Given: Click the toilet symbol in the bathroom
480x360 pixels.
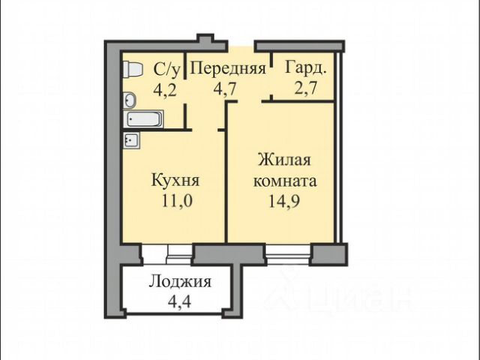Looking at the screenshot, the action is (x=133, y=70).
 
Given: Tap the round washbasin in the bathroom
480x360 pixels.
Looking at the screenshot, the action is (x=130, y=100).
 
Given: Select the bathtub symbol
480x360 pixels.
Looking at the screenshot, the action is (x=143, y=119).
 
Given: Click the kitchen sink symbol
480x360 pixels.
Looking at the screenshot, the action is (x=132, y=140).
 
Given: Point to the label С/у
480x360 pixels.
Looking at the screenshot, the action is (x=167, y=70).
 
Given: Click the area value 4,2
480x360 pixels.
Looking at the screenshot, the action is (x=165, y=90).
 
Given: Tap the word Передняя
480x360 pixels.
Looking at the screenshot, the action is (x=228, y=68).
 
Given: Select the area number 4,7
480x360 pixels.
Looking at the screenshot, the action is (x=225, y=89).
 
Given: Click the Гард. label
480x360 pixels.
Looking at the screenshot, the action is (x=306, y=68).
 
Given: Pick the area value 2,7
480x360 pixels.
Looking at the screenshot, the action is (x=305, y=89).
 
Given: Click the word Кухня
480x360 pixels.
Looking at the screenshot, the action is (x=175, y=180).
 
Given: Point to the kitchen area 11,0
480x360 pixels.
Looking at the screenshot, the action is (x=177, y=201).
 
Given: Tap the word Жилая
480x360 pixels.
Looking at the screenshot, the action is (x=284, y=160).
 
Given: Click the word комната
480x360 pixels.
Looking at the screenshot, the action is (x=285, y=181).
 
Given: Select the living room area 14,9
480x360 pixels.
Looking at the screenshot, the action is (x=284, y=201).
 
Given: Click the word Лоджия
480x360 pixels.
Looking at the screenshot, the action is (x=180, y=282).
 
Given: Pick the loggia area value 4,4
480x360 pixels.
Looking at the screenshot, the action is (x=180, y=301).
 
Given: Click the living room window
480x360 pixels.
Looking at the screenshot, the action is (x=288, y=254).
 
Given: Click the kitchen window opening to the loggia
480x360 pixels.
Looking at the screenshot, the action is (x=167, y=254).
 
